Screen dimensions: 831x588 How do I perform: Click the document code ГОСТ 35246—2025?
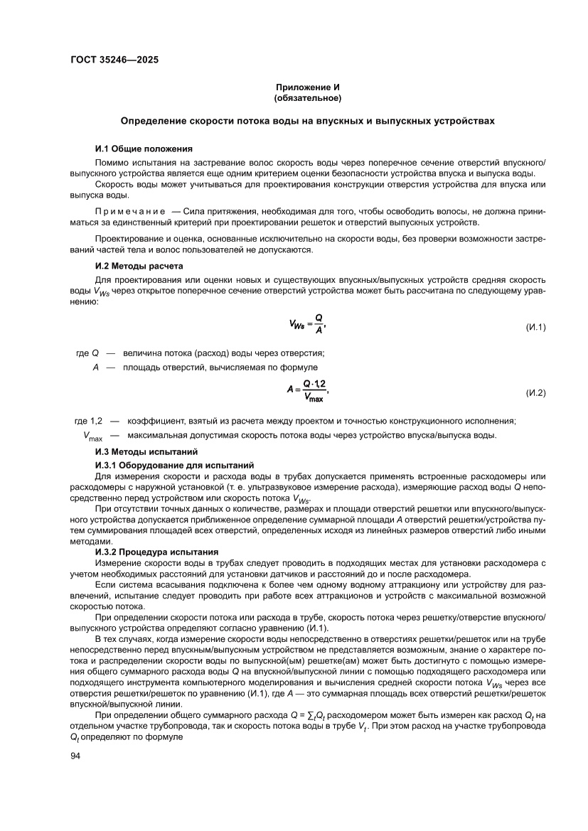click(x=114, y=60)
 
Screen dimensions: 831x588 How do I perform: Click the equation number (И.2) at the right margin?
click(x=535, y=392)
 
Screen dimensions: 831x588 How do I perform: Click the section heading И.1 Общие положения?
click(x=144, y=149)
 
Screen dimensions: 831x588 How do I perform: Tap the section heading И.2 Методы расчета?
click(x=139, y=265)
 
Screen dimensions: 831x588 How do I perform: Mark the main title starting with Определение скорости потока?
click(x=308, y=121)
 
